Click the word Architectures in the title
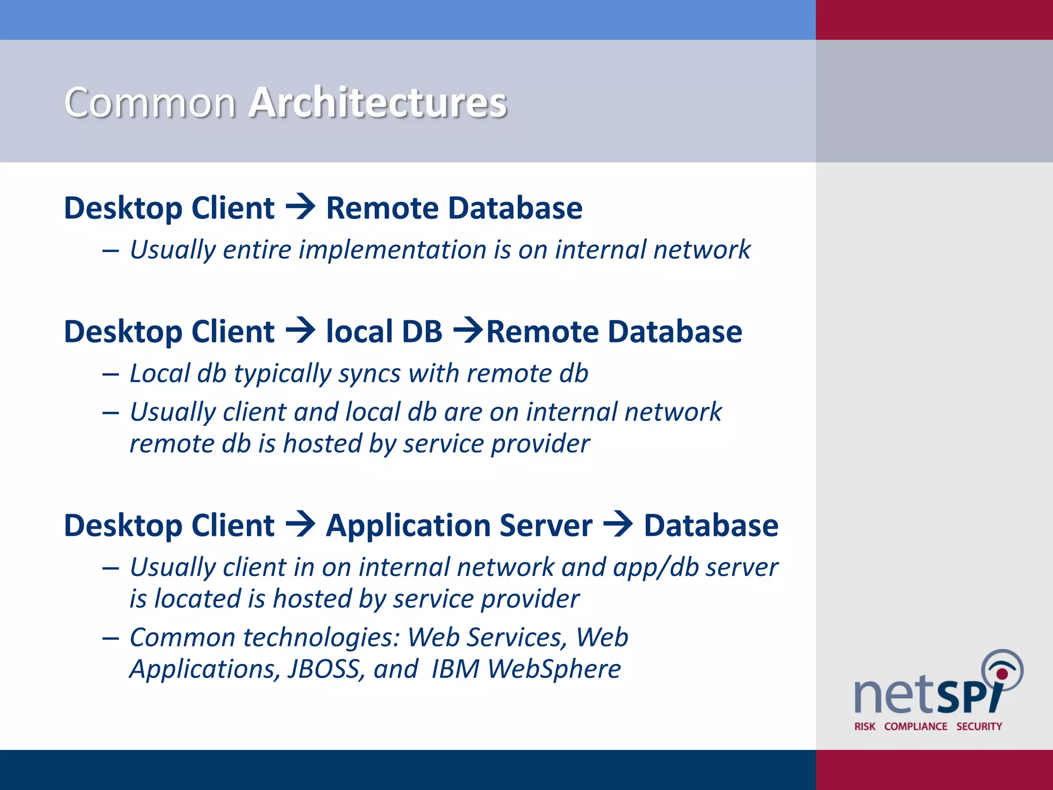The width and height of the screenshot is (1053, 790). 378,102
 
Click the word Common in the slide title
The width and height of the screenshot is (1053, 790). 150,102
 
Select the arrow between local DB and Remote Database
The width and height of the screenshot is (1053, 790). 467,330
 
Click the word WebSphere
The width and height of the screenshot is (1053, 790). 554,669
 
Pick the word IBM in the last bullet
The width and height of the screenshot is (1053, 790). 455,669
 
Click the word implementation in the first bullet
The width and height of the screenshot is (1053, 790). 393,249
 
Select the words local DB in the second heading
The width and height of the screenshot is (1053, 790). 384,331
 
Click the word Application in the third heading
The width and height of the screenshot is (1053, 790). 408,526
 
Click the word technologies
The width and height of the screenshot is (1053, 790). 321,637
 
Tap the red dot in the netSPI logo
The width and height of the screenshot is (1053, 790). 1002,674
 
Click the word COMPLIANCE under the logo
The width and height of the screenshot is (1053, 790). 916,726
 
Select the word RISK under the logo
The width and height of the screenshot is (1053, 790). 865,726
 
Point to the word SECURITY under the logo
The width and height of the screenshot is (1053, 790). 979,726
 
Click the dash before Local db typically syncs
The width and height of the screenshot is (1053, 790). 111,374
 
